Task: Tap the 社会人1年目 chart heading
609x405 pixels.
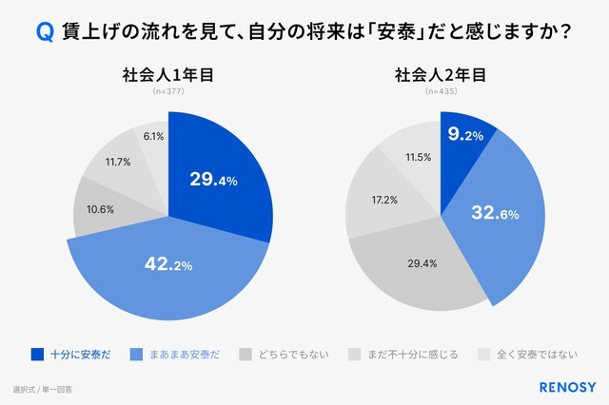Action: [167, 75]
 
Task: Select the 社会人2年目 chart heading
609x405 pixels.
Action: [441, 75]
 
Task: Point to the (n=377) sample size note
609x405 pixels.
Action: [167, 92]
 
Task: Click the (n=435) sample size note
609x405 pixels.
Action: [441, 92]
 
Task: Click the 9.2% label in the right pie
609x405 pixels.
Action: [464, 135]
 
